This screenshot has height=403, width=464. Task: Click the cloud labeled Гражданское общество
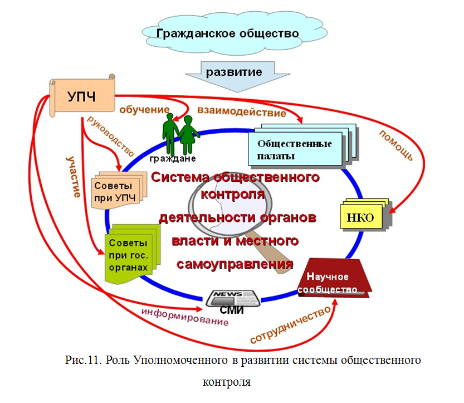click(228, 33)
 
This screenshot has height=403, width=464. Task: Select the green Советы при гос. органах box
click(129, 254)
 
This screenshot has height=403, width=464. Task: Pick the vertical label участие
click(72, 178)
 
